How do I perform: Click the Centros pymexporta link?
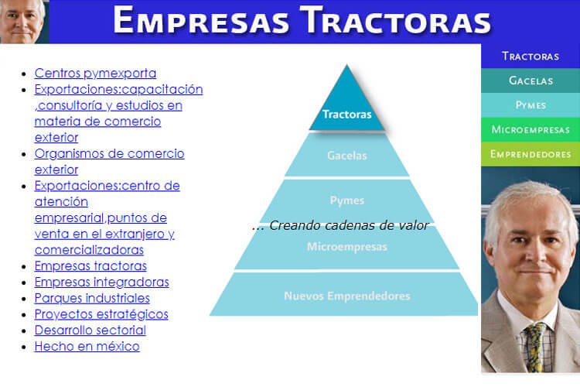coord(95,74)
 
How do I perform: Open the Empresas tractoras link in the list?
coord(90,266)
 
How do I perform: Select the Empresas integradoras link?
coord(102,283)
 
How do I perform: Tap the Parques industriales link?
coord(92,298)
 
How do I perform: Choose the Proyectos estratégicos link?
coord(101,314)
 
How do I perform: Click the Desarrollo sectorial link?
coord(90,330)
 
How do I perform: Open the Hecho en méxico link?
coord(87,346)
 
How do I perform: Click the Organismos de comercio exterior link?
coord(110,162)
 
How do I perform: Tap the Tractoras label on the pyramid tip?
coord(347,114)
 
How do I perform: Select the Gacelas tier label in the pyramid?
coord(347,156)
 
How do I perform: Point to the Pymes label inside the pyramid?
coord(347,200)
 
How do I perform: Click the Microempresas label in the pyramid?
coord(347,247)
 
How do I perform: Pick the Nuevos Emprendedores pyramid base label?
coord(347,296)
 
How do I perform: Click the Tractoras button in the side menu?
coord(531,57)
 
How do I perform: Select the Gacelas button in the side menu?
coord(531,80)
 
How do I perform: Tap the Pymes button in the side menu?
coord(531,105)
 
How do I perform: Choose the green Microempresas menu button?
coord(531,129)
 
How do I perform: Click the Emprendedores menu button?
coord(531,154)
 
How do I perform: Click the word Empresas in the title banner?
coord(201,21)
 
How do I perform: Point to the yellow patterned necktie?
coord(537,347)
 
